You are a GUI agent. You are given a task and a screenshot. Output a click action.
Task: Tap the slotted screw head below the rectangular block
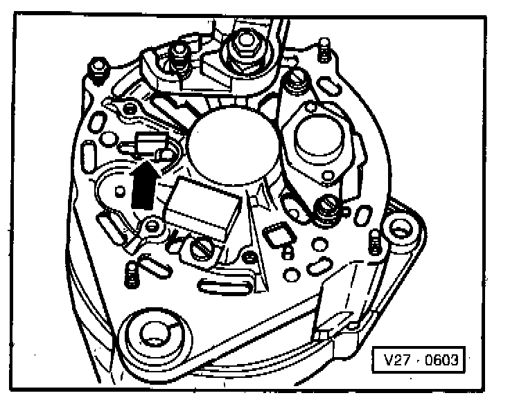(201, 250)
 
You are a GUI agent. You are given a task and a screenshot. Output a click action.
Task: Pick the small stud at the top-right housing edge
(324, 49)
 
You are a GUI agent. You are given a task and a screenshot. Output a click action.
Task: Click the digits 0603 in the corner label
(437, 360)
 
